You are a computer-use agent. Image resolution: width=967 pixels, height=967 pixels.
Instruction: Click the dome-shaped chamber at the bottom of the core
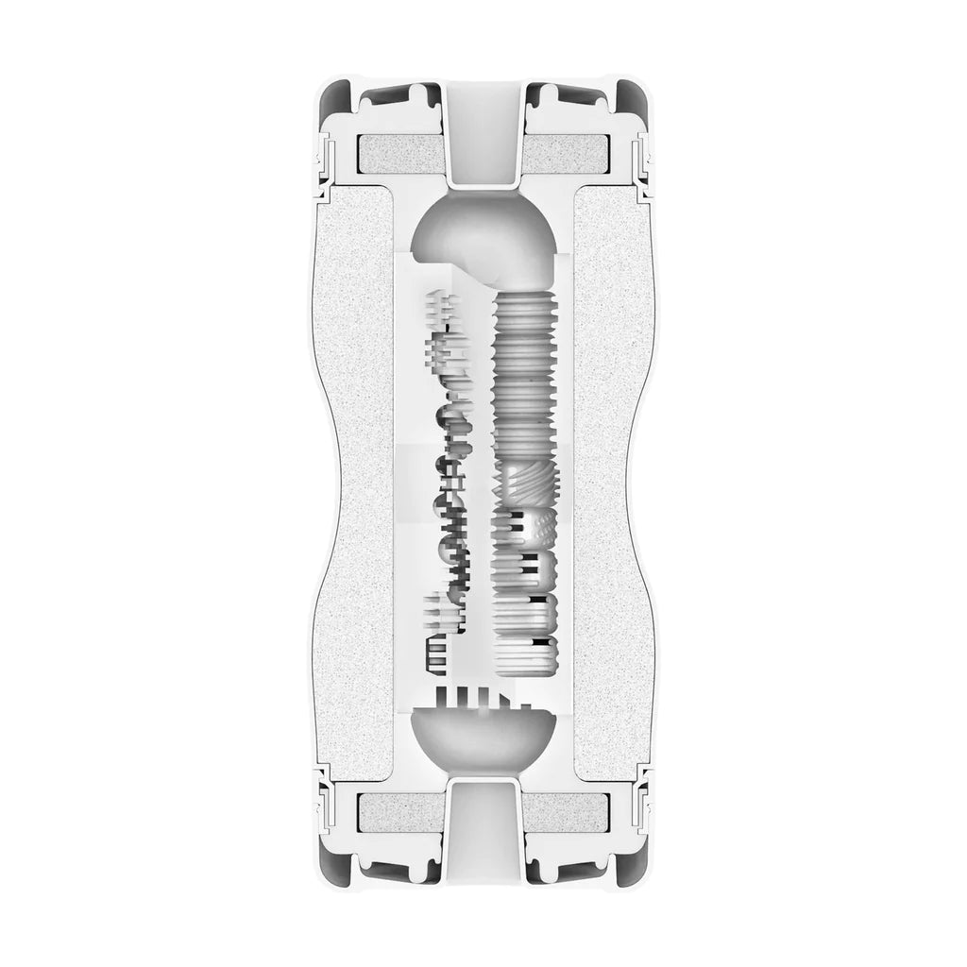(x=483, y=737)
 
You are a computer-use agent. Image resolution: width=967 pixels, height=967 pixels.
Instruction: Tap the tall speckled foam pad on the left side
(x=354, y=482)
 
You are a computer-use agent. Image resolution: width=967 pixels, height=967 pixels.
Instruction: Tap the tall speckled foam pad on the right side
(x=614, y=482)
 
